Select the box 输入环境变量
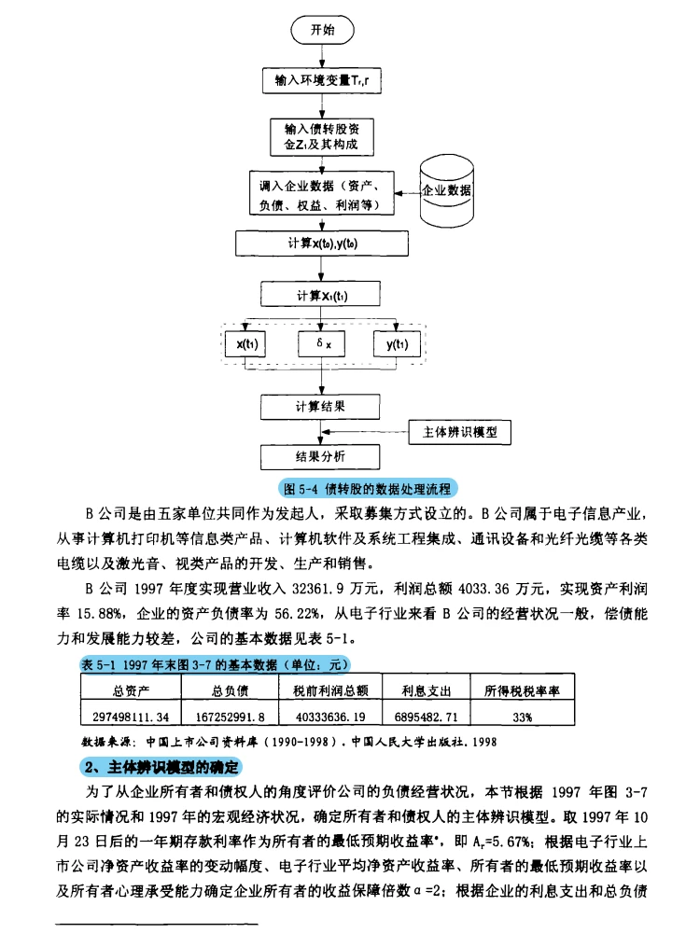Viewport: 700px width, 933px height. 321,81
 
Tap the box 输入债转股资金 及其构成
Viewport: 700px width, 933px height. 321,137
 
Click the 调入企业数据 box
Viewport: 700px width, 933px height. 321,193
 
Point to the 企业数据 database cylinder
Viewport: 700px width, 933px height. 447,191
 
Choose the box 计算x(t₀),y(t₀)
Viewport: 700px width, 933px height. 321,244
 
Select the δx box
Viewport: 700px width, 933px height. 323,344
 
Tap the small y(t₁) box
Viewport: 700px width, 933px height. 398,344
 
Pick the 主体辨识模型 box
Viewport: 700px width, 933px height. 461,433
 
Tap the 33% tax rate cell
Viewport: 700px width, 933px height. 522,716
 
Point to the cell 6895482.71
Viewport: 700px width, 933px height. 427,716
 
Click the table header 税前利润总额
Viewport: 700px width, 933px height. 325,691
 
